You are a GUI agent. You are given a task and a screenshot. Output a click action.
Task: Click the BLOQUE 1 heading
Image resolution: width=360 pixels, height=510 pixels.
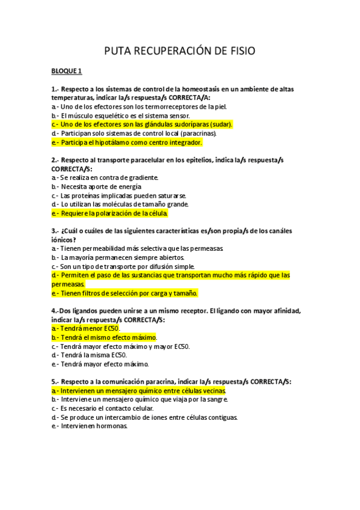[67, 72]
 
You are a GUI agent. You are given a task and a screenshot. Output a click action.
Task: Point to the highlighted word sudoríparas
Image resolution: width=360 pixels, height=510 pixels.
[180, 124]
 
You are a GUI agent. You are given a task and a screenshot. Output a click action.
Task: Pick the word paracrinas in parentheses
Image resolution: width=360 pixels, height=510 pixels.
[195, 134]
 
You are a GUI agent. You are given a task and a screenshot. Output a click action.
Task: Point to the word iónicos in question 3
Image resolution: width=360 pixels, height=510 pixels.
[63, 239]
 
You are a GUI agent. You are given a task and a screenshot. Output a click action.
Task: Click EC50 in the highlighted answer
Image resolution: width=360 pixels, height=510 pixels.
[111, 329]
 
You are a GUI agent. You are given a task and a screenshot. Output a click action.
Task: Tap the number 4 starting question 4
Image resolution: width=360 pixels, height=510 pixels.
[53, 311]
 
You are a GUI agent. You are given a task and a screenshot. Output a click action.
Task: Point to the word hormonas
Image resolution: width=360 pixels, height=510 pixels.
[112, 426]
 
